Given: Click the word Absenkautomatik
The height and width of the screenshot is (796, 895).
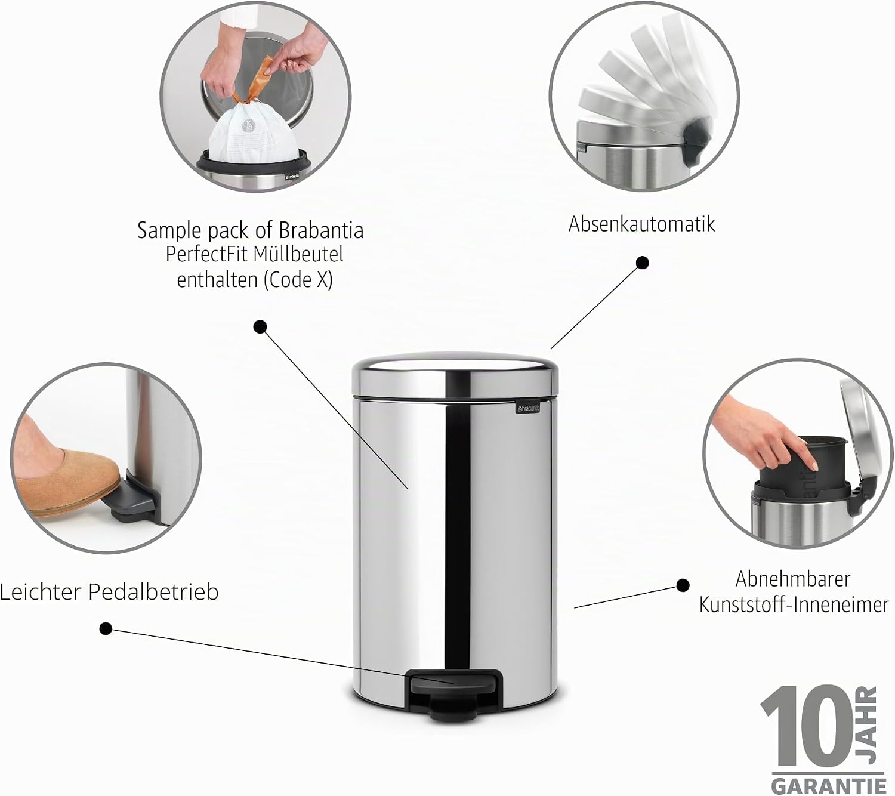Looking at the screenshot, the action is pyautogui.click(x=641, y=224).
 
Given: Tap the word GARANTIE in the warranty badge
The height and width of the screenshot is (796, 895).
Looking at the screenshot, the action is pyautogui.click(x=829, y=786).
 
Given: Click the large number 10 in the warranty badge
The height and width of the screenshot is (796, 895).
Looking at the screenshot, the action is pyautogui.click(x=807, y=726).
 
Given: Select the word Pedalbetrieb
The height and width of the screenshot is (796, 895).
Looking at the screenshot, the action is pyautogui.click(x=153, y=592).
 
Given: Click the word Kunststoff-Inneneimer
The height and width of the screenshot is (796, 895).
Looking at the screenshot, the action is pyautogui.click(x=794, y=605).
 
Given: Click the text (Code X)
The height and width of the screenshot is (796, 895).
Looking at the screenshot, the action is pyautogui.click(x=298, y=280).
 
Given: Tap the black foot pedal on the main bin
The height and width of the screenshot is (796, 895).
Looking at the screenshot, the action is pyautogui.click(x=454, y=695).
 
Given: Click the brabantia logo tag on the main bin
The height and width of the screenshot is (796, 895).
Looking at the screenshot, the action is pyautogui.click(x=527, y=408).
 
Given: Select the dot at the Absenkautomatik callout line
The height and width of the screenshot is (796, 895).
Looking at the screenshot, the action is pyautogui.click(x=643, y=263).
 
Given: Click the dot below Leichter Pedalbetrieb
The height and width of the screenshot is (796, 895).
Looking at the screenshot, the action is pyautogui.click(x=106, y=628).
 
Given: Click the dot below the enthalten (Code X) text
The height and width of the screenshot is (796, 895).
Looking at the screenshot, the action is pyautogui.click(x=260, y=327).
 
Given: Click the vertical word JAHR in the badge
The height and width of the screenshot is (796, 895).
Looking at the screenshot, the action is pyautogui.click(x=867, y=725).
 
